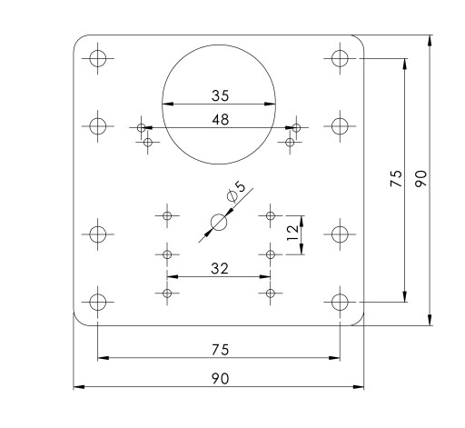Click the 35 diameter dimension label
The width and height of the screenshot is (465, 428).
pos(221,95)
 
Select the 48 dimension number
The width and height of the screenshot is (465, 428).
pos(221,120)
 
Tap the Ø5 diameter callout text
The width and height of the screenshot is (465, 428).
pos(236,191)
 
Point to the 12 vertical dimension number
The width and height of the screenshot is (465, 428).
pos(292,233)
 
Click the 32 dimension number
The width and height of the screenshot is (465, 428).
pos(220,269)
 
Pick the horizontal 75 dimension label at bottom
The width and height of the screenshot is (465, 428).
pos(221,350)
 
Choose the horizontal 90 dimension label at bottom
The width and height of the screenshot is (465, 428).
pos(221,379)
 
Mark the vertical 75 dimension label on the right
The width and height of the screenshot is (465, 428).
pos(396,179)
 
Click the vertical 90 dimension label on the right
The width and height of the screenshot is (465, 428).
pos(420,179)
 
